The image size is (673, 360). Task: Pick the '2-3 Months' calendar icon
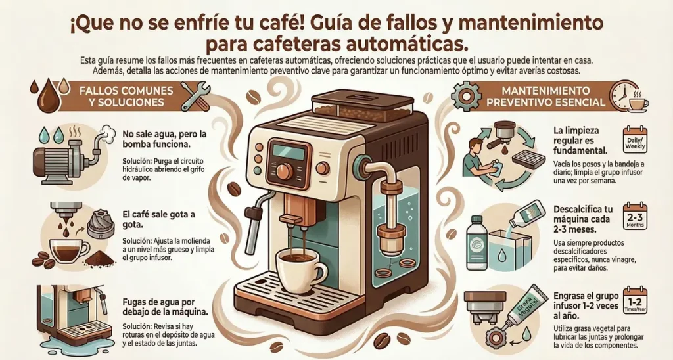635,217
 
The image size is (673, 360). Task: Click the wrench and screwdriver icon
195,95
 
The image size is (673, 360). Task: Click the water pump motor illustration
68,155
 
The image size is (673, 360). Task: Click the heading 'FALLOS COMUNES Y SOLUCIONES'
126,97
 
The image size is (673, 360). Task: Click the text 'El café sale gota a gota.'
158,219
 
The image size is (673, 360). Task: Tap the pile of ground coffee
101,258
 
